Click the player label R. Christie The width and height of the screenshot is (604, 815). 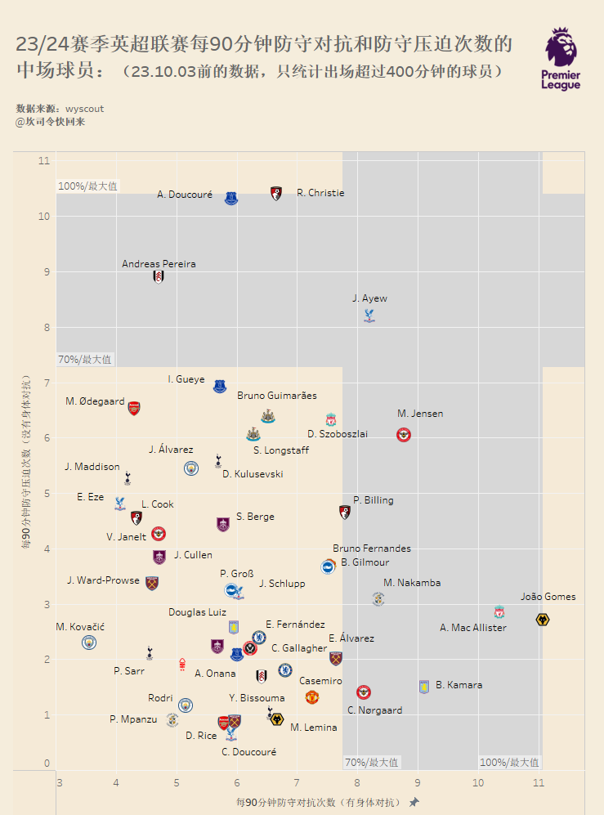click(x=320, y=194)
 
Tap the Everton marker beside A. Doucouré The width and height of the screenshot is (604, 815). click(x=231, y=198)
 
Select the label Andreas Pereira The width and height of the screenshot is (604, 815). click(x=159, y=264)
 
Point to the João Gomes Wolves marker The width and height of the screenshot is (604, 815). click(x=542, y=620)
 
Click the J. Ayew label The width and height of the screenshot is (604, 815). click(x=369, y=298)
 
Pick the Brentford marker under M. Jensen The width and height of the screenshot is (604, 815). click(x=404, y=435)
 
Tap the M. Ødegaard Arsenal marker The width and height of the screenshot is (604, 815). click(x=134, y=408)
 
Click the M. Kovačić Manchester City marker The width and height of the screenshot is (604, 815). click(x=89, y=643)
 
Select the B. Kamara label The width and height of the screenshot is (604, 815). click(x=459, y=685)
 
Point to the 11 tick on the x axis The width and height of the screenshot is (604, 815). click(x=538, y=783)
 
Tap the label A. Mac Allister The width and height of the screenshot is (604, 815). click(x=472, y=628)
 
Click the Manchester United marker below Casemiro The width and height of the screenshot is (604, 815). click(x=311, y=697)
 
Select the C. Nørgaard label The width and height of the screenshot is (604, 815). click(x=374, y=710)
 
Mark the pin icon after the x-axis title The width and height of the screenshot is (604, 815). click(x=414, y=802)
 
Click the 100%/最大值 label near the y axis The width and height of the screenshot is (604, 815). click(x=88, y=186)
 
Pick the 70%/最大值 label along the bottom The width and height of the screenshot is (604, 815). click(x=371, y=763)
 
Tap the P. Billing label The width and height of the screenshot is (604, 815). click(x=373, y=500)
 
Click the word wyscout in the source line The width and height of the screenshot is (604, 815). click(x=84, y=109)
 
